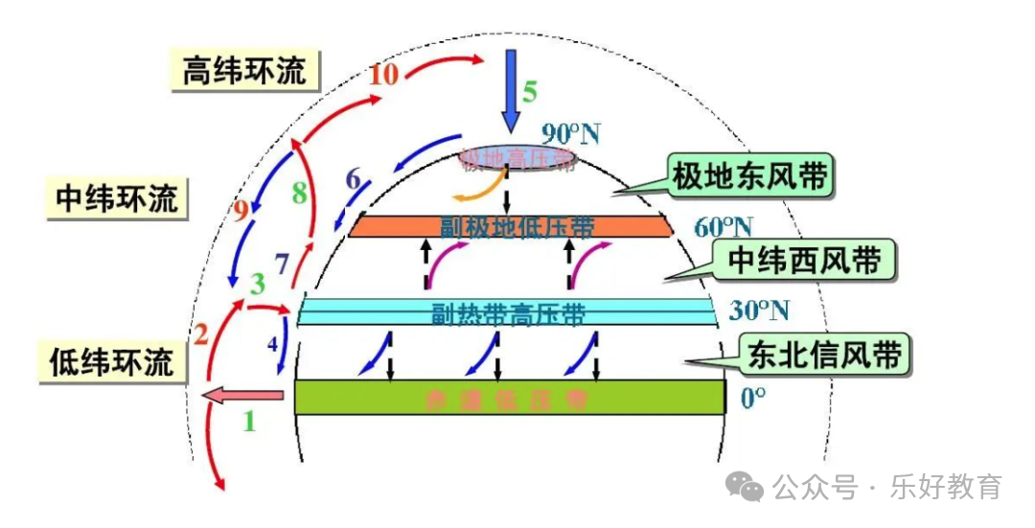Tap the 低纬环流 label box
point(112,361)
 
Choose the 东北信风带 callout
point(823,355)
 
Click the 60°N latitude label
point(723,227)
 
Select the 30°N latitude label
point(760,310)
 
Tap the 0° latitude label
point(754,397)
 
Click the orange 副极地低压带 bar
point(510,225)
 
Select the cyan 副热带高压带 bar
point(508,311)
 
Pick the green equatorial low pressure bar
point(509,397)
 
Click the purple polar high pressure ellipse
point(517,157)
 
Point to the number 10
point(383,74)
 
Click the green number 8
point(300,194)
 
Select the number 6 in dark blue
point(354,178)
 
